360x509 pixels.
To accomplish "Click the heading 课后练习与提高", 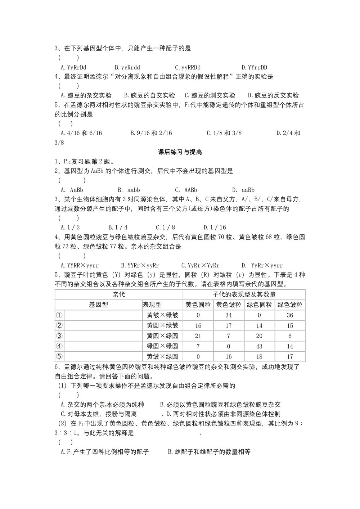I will point(180,152).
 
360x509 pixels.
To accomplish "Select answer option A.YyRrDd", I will point(73,67).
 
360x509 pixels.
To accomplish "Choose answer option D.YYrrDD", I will point(254,67).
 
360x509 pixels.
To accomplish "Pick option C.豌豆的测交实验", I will point(210,95).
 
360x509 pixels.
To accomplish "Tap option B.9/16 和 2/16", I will point(151,133).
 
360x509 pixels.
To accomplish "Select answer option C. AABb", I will point(186,190).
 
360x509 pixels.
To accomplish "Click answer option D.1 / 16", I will point(215,228).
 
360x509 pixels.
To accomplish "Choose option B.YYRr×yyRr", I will point(140,266).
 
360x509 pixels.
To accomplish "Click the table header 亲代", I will point(119,294).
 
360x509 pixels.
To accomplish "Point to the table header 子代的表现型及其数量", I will point(244,294).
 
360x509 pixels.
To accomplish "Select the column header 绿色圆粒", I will point(259,305).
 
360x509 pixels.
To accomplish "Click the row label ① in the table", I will point(59,315).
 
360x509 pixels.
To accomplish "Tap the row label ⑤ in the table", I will point(59,357).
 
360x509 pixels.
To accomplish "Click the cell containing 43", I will point(259,346).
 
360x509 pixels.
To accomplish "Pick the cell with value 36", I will point(290,315).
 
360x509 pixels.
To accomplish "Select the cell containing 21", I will point(198,336).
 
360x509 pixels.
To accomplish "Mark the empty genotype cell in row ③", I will point(103,336).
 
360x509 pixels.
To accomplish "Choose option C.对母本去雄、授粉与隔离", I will point(99,414).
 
